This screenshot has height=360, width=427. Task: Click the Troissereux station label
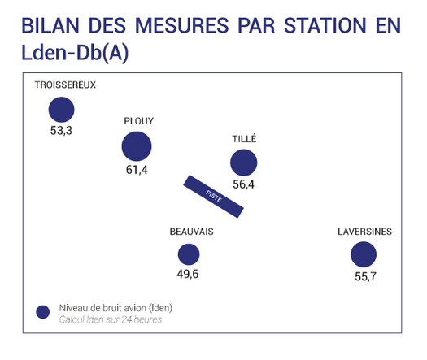65,85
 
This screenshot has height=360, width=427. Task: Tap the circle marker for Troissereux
61,110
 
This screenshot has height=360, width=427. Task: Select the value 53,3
61,131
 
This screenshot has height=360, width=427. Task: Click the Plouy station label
139,121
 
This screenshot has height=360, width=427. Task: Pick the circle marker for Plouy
137,146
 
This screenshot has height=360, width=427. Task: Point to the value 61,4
137,170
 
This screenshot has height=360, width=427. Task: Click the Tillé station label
244,138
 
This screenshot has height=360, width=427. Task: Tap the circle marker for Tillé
244,163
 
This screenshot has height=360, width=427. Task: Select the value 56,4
244,184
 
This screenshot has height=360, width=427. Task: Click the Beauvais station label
192,232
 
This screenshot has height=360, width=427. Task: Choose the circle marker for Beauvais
189,254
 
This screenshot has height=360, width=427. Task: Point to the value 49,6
188,274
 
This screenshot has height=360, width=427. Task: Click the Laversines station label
365,232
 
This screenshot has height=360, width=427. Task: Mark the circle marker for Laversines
364,254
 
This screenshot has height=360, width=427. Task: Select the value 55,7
366,277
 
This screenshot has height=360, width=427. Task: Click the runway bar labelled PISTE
213,197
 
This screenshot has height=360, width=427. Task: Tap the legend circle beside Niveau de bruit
43,312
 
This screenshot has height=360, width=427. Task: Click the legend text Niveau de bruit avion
103,308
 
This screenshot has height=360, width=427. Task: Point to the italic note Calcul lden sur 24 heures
111,319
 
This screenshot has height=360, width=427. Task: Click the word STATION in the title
325,25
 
